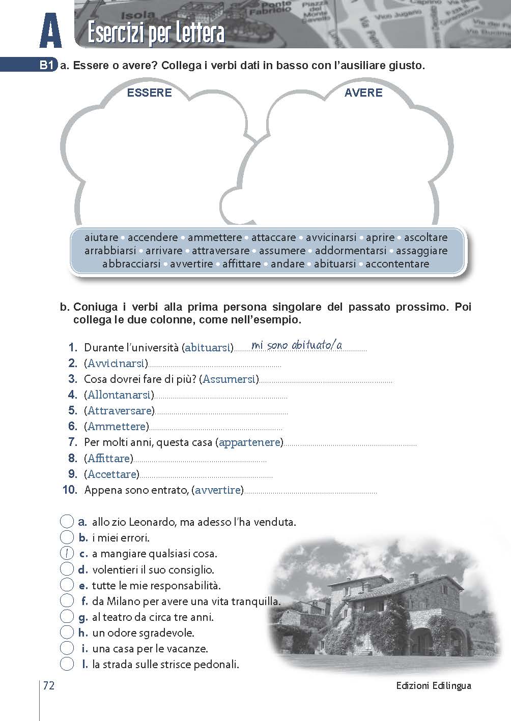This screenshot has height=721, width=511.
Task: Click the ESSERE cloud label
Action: pyautogui.click(x=149, y=93)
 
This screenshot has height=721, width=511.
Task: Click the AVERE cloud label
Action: pyautogui.click(x=363, y=93)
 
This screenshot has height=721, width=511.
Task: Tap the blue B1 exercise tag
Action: pyautogui.click(x=47, y=66)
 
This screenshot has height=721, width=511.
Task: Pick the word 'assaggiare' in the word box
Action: pyautogui.click(x=421, y=251)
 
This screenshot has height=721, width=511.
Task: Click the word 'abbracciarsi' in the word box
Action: pyautogui.click(x=131, y=264)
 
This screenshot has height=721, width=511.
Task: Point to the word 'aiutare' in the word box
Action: pyautogui.click(x=101, y=237)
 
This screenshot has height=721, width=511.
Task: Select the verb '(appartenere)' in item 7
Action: pyautogui.click(x=249, y=442)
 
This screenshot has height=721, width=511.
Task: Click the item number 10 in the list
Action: pyautogui.click(x=70, y=490)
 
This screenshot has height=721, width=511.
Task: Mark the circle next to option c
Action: pyautogui.click(x=67, y=554)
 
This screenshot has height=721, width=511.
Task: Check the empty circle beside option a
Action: pyautogui.click(x=67, y=522)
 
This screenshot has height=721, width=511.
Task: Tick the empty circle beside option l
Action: pyautogui.click(x=67, y=664)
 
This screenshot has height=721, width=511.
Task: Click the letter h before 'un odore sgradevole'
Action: pyautogui.click(x=83, y=633)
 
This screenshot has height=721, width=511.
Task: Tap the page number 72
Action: pyautogui.click(x=49, y=686)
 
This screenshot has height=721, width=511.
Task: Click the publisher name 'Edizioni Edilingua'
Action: pyautogui.click(x=434, y=686)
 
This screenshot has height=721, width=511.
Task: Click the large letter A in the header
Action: pyautogui.click(x=50, y=32)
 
